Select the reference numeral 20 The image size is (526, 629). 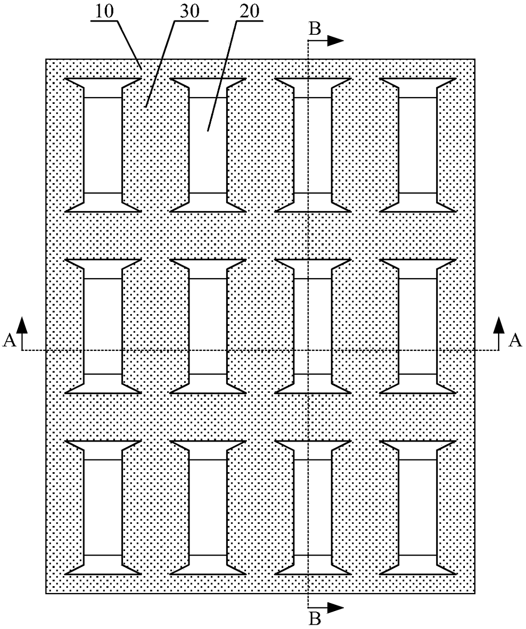coord(249,11)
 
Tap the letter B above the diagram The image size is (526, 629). coord(315,29)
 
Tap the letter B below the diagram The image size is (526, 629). coord(315,619)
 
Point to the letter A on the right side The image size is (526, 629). coord(515,340)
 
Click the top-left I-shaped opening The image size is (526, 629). coord(104,145)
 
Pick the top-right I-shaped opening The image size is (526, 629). coord(418,145)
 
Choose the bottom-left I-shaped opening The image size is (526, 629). coord(104,507)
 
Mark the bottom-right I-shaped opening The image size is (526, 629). coord(418,507)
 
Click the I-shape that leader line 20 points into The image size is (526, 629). coord(208,145)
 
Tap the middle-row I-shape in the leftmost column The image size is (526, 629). coord(104,326)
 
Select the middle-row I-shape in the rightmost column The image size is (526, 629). coord(418,326)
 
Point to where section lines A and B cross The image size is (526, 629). coord(308,351)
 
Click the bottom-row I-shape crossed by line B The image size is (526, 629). coord(313,507)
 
